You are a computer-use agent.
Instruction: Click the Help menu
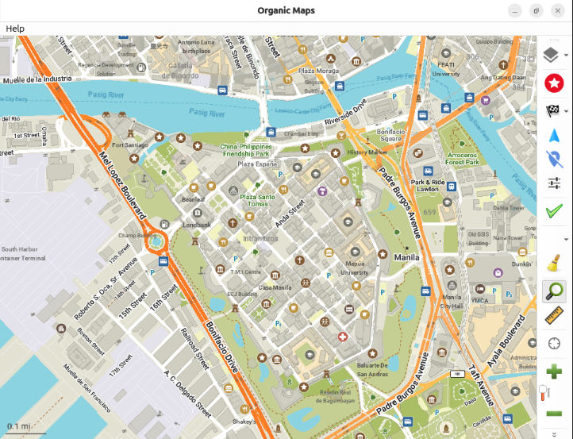15,29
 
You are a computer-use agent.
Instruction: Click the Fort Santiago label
131,145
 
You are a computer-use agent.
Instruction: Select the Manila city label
406,257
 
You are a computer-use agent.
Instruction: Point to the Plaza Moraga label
318,71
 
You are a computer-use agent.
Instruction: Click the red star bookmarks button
554,83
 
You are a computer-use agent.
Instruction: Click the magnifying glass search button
554,291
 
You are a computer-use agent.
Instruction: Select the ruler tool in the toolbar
554,317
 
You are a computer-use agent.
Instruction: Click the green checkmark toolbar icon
554,210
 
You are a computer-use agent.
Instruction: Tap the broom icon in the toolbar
554,263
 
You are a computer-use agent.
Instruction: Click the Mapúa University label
355,268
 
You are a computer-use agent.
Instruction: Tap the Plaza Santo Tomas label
258,200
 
